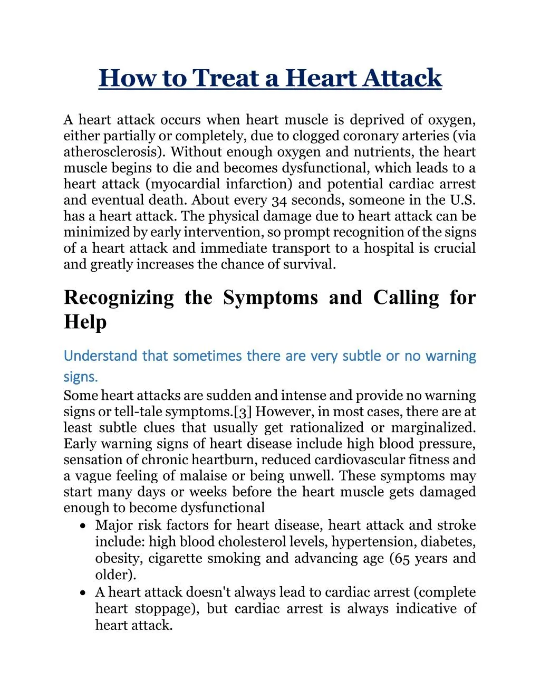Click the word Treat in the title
225,78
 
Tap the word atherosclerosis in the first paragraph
113,152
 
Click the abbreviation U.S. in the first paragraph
463,200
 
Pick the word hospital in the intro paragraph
389,248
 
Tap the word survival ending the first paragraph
308,264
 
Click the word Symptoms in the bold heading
270,298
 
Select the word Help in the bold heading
85,322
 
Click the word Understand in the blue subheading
100,356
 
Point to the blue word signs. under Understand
81,377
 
